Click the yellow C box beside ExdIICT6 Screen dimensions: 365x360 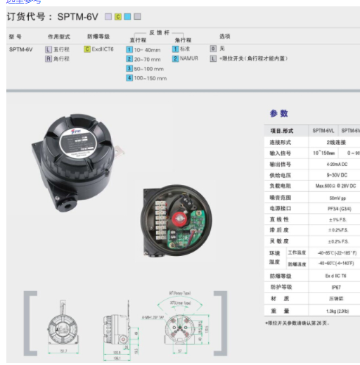[x=87, y=49]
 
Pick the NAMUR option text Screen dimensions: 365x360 [x=190, y=58]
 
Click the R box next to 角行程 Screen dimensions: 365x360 [x=49, y=58]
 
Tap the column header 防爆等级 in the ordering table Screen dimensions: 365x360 [x=98, y=36]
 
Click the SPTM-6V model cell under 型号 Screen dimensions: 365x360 [x=20, y=49]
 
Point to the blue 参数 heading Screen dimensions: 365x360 [x=279, y=113]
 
